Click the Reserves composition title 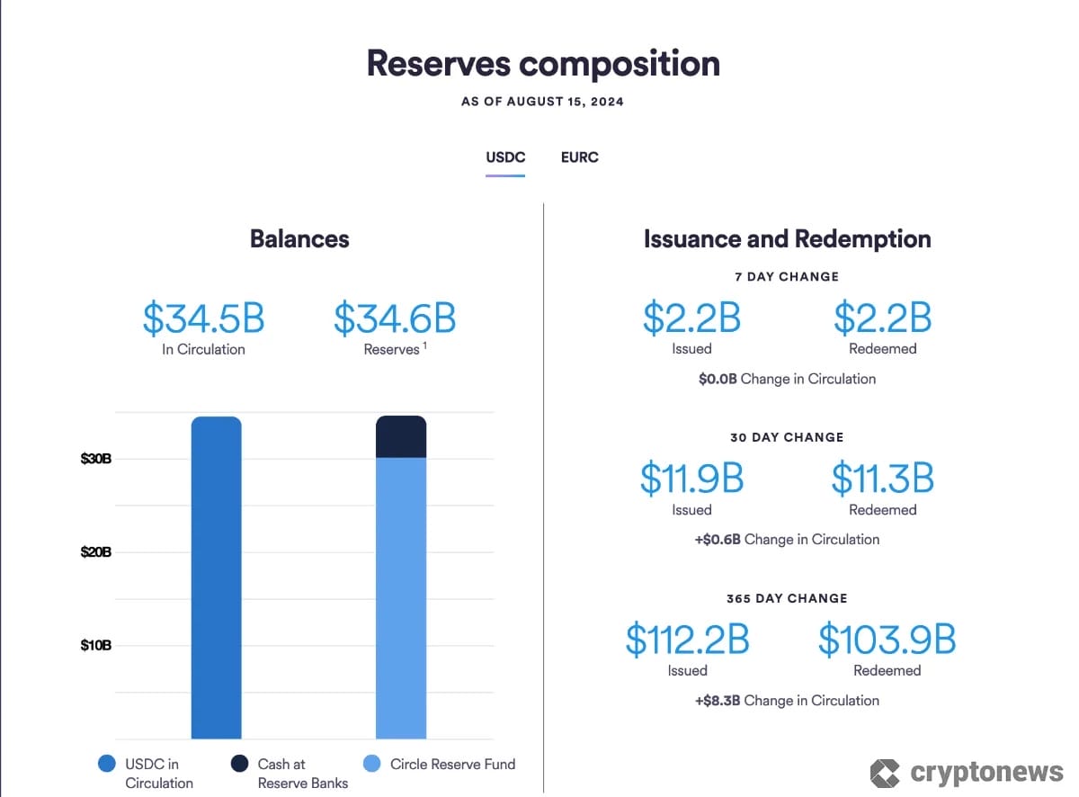(543, 64)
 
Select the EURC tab (579, 157)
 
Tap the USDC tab (505, 157)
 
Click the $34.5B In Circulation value (203, 318)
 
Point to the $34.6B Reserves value (395, 318)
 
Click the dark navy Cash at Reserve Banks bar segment (401, 437)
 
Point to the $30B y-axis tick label (95, 459)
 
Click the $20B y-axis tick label (95, 551)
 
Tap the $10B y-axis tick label (95, 645)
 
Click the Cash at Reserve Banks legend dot (239, 764)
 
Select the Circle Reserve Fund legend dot (372, 764)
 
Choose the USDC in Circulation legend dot (107, 764)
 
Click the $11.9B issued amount (691, 479)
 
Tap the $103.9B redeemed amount (886, 640)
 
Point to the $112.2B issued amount (688, 640)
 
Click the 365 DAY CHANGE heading (787, 598)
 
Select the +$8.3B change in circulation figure (718, 701)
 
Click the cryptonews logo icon (885, 773)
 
